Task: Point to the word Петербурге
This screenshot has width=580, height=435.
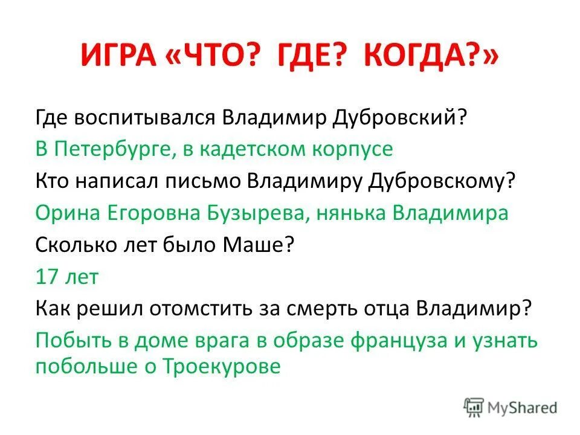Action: [x=112, y=148]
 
